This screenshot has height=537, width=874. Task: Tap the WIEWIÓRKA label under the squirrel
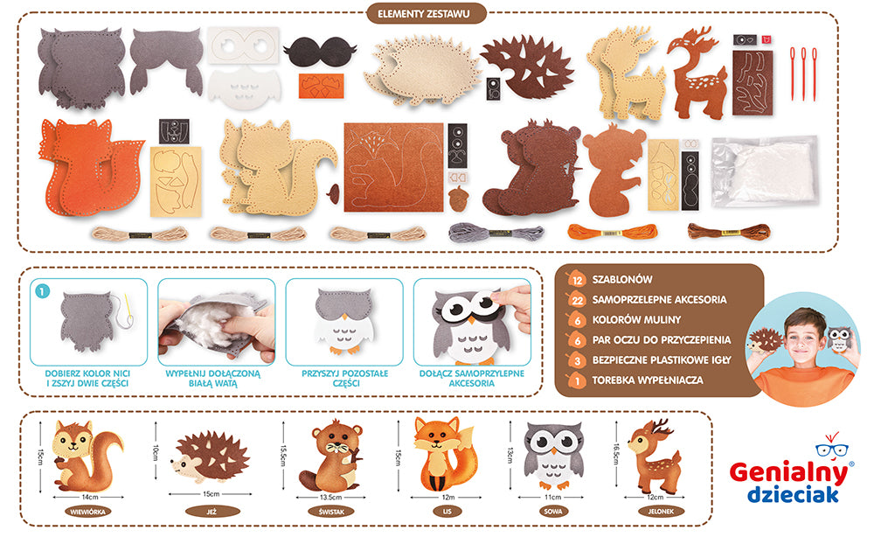coord(87,512)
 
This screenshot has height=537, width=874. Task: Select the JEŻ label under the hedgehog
coord(212,512)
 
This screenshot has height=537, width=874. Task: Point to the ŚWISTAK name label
coord(331,512)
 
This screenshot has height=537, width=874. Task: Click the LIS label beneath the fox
coord(447,512)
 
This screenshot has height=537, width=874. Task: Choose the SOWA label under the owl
coord(553,512)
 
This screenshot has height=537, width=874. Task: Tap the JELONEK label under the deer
coord(661,512)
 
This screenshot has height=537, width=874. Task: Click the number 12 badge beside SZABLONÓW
coord(577,280)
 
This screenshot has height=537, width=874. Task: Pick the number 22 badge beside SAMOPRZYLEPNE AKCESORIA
coord(577,300)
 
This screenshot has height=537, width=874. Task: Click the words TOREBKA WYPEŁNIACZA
coord(647,380)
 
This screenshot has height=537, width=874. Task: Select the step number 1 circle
coord(42,290)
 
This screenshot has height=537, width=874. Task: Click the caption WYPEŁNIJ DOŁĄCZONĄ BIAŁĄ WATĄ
coord(213,378)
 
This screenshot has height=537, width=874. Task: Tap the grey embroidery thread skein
coord(496,232)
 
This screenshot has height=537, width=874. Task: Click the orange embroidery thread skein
coord(613,231)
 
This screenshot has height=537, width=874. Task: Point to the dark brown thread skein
coord(729,231)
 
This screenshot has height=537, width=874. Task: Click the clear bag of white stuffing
coord(765,171)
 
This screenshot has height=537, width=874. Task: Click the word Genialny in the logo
coord(788,472)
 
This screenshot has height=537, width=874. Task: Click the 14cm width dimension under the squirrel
coord(89,497)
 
